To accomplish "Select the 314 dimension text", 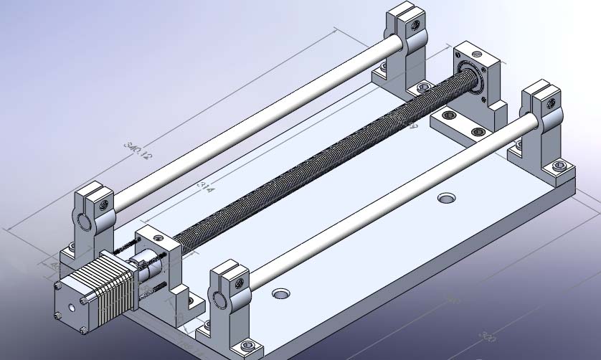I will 203,187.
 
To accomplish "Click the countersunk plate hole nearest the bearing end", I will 448,196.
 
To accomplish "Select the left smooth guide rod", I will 251,122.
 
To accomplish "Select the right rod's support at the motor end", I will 229,301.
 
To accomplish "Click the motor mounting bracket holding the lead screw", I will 159,258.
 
